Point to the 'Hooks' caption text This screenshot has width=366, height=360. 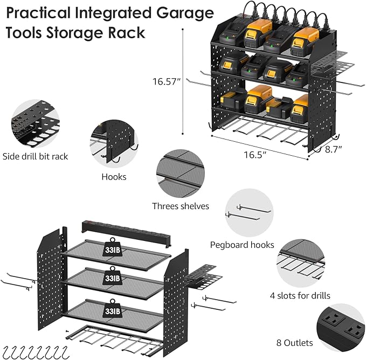(113, 176)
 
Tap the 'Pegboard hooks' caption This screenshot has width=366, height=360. (242, 245)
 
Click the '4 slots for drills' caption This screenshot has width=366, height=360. (300, 295)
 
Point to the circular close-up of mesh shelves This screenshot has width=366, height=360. (180, 174)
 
